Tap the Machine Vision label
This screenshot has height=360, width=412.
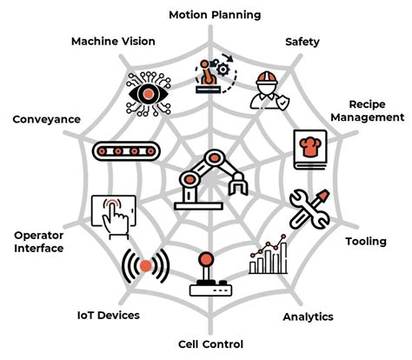tap(113, 41)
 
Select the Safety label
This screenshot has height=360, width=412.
tap(302, 41)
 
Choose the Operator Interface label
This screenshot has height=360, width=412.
tap(41, 241)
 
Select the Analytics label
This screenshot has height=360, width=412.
tap(308, 317)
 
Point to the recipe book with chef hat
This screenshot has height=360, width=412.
tap(312, 144)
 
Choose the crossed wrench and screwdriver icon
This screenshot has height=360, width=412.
tap(309, 209)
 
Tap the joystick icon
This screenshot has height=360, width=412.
tap(206, 277)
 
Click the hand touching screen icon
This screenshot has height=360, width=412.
tap(113, 215)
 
